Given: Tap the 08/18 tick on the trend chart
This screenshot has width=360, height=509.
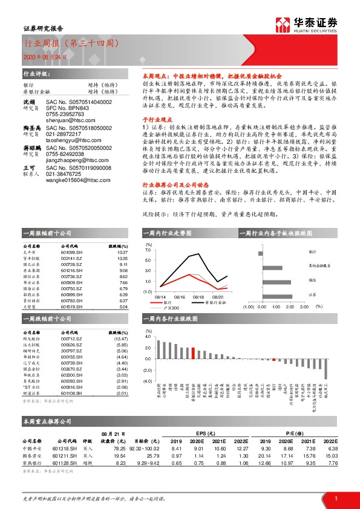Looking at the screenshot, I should coord(198,297).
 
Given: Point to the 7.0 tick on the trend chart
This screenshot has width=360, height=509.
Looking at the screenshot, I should coord(148,249).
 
